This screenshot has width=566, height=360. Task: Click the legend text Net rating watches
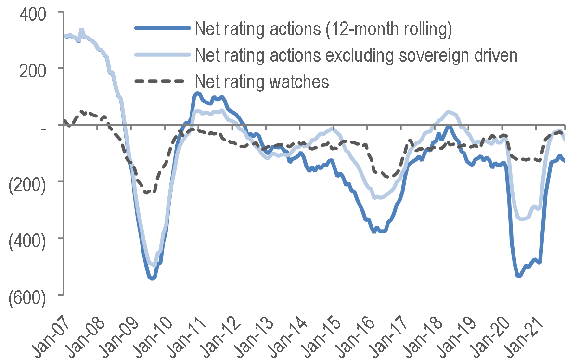pos(262,82)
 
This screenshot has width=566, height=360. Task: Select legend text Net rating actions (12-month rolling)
pos(323,29)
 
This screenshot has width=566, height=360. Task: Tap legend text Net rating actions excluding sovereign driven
pos(356,55)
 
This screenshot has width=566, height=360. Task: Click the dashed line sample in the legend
pos(161,82)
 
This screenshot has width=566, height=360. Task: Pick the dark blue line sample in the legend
pos(161,29)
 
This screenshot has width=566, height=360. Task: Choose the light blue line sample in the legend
pos(161,55)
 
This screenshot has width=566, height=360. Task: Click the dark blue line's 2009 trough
pos(152,278)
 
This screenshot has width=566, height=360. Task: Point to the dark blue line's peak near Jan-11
pos(197,93)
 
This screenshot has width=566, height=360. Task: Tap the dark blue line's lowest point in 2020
pos(519,276)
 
